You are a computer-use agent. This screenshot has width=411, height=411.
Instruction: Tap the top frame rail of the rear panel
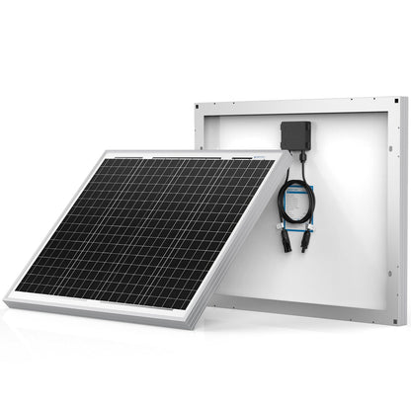pos(296,100)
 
